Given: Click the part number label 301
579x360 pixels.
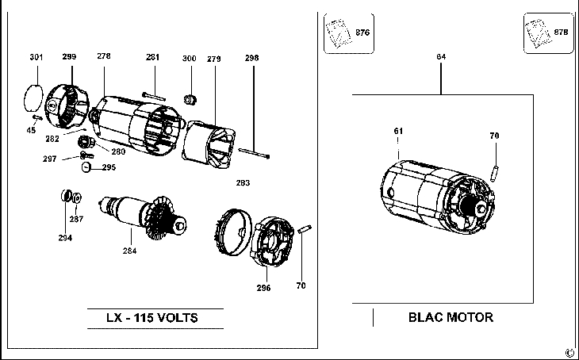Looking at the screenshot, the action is tap(36, 57).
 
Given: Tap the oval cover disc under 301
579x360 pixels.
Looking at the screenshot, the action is tap(33, 98).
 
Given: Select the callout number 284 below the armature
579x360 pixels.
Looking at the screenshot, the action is tap(129, 251).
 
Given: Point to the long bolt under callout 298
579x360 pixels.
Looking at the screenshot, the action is tap(254, 153).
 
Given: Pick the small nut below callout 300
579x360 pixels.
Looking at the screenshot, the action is tap(190, 99).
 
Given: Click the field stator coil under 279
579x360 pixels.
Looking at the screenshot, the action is tap(209, 145).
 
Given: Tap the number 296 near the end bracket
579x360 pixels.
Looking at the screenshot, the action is tap(263, 288).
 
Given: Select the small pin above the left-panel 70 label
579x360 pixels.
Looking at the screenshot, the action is tap(305, 229).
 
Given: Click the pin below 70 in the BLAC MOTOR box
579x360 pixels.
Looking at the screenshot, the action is tap(494, 174).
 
